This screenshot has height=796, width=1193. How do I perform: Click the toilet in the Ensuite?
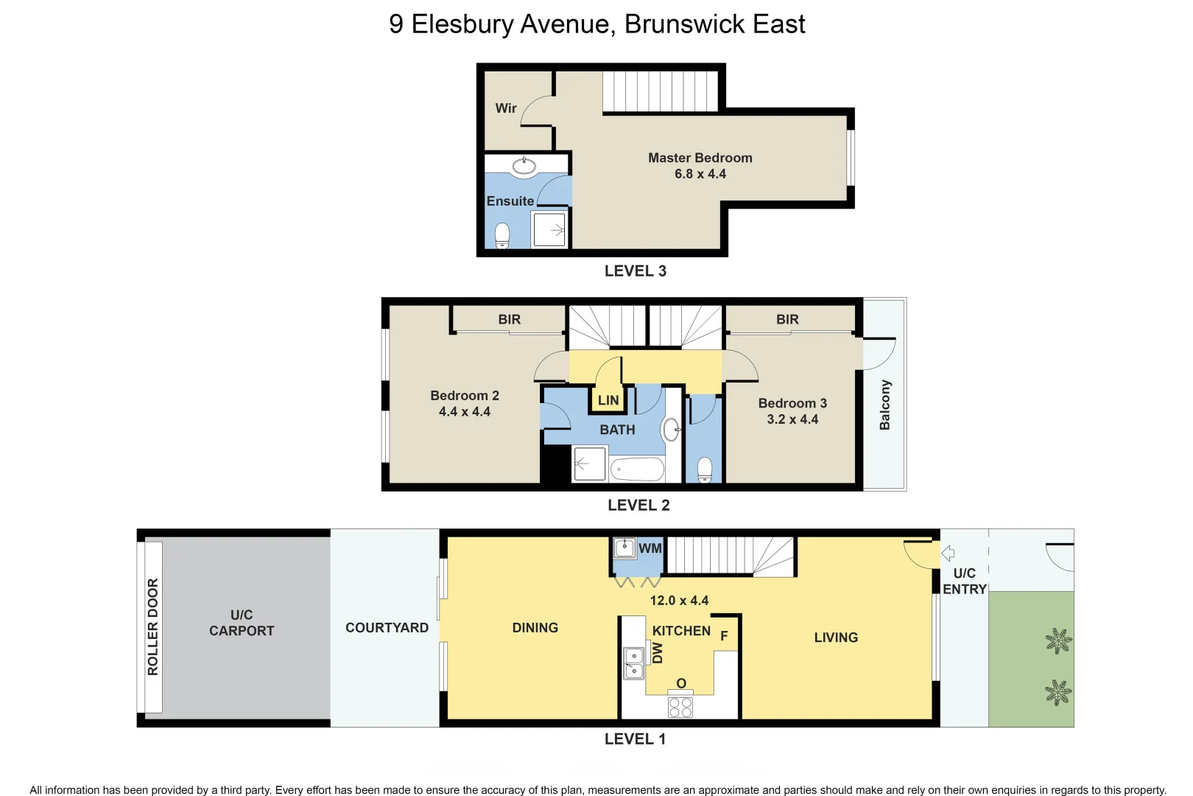(502, 236)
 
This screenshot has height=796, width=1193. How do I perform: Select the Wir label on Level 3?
(506, 108)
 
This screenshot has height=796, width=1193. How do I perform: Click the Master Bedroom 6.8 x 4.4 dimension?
(700, 175)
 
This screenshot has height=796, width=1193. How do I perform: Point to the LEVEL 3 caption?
(635, 271)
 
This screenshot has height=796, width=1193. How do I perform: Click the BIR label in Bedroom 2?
(509, 320)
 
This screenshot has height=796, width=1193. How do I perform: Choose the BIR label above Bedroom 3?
(787, 320)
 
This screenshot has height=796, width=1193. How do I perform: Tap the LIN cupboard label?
(608, 401)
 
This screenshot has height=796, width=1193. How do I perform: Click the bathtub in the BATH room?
(637, 469)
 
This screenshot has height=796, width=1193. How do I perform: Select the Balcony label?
(885, 405)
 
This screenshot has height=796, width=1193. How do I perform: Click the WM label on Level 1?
(650, 548)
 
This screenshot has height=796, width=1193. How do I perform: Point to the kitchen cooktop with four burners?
(680, 708)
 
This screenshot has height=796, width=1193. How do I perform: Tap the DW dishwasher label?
(658, 653)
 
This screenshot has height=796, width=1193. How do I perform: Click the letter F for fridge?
(724, 636)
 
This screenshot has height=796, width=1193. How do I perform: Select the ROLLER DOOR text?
(153, 626)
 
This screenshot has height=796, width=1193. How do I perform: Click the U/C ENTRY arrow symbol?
(949, 553)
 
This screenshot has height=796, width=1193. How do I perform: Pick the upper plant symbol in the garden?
(1058, 641)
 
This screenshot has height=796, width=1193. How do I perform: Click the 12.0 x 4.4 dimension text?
(679, 601)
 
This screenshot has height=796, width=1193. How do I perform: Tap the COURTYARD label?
(387, 628)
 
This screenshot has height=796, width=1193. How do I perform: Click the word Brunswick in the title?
(684, 24)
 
